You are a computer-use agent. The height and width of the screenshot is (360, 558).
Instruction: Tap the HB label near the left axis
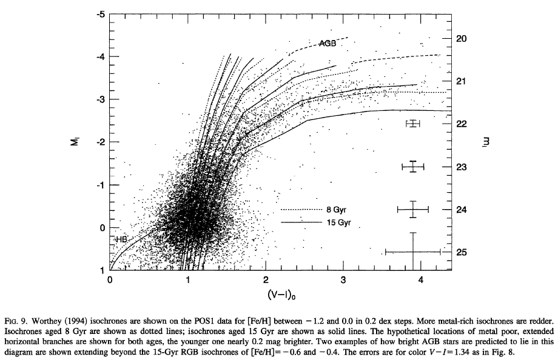[x=121, y=240]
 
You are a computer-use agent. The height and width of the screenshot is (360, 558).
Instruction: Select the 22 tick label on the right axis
[x=462, y=124]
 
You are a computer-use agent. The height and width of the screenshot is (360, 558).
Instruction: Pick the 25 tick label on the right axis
[x=462, y=252]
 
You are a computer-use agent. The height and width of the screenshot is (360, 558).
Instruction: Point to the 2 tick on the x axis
[x=266, y=280]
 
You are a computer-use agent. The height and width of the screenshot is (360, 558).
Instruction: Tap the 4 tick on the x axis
[x=422, y=280]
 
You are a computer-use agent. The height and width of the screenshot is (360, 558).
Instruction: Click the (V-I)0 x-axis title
[x=266, y=296]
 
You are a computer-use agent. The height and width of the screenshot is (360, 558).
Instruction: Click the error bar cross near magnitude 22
[x=413, y=124]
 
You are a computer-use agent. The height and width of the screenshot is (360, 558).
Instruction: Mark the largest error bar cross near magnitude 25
[x=413, y=252]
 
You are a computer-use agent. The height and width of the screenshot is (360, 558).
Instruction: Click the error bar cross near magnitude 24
[x=413, y=209]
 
